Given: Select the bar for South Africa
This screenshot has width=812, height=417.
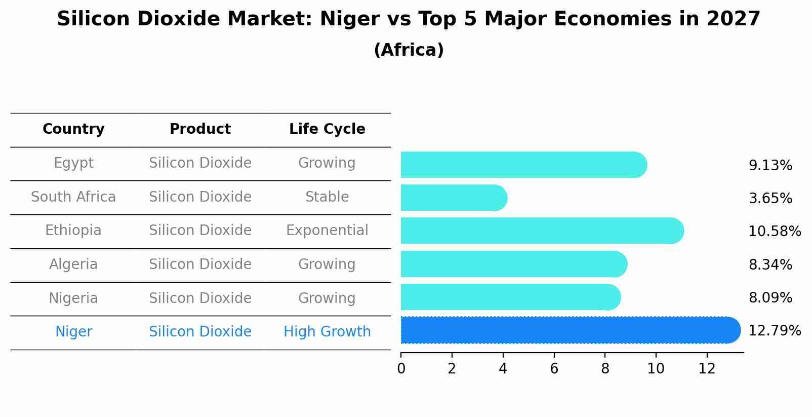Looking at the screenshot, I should pos(454,198).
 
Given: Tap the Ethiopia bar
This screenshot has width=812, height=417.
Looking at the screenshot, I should pos(542,231).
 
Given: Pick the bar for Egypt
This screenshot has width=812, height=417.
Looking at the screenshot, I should pos(523,165).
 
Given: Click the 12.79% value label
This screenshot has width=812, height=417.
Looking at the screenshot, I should pos(774,331).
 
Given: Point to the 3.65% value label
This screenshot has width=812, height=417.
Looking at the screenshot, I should pos(770,199).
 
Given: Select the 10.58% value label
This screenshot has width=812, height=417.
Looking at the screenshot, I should pos(774,232).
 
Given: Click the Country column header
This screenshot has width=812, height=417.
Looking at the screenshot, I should pos(73,129).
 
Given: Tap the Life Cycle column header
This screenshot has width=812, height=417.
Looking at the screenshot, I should pos(327,129).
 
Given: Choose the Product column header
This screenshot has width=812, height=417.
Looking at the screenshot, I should pos(200,129).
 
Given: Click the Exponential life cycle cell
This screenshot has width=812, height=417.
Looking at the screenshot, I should pos(327,231).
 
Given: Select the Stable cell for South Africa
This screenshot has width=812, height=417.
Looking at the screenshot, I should pos(327,197).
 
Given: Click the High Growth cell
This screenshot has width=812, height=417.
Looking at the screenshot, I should pos(327,332).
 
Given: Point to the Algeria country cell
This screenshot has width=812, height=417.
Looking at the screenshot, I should pos(73,264).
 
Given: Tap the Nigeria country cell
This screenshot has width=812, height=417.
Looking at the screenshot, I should pos(73,298).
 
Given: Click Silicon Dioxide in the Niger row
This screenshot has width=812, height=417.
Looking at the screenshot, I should pos(200,332).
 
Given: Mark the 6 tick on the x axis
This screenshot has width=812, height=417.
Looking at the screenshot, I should pos(554,369).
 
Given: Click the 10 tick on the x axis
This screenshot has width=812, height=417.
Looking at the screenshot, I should pos(656,369).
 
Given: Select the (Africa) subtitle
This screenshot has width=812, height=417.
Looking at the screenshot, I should pos(409,50).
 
